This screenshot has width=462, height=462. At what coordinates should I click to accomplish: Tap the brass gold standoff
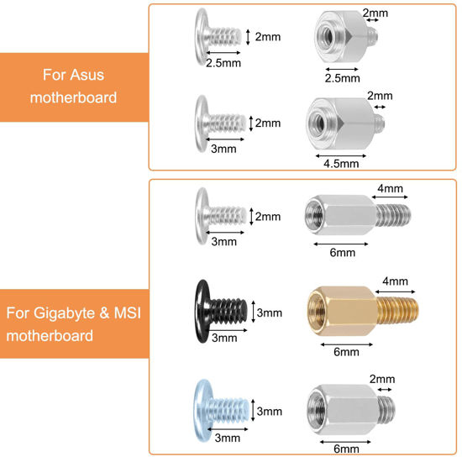(x=362, y=311)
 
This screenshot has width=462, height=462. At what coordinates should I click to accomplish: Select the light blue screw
(x=222, y=411)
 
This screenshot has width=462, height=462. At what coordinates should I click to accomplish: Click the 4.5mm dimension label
(x=341, y=164)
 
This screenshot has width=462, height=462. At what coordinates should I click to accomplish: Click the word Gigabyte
(x=64, y=313)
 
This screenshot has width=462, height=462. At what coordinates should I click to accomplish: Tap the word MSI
(x=128, y=312)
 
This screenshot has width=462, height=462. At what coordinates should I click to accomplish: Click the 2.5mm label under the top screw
(x=223, y=63)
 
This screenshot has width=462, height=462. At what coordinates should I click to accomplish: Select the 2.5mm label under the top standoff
(x=343, y=78)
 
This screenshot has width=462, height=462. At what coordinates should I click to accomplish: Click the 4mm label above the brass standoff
(x=395, y=281)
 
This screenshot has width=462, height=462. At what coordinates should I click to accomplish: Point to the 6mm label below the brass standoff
(x=346, y=352)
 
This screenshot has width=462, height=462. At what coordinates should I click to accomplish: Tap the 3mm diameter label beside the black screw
(x=270, y=312)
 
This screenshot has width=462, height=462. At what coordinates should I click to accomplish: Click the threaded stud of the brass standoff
(x=398, y=310)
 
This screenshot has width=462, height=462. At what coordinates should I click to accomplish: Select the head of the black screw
(x=202, y=311)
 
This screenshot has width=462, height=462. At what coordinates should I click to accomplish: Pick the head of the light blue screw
(x=202, y=411)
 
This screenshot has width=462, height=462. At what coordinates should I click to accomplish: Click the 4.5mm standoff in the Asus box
(x=345, y=123)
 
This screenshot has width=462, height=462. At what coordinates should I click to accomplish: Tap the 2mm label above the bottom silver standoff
(x=382, y=379)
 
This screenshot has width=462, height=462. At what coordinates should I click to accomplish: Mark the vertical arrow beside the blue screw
(x=253, y=410)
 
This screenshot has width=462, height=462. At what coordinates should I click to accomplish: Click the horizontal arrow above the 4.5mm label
(x=340, y=156)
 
